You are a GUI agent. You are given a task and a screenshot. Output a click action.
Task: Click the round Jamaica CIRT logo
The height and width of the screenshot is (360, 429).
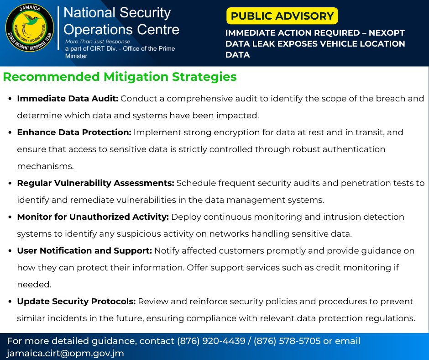pos(30,29)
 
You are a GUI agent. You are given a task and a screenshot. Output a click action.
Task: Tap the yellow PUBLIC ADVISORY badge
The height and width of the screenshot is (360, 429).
pos(282,16)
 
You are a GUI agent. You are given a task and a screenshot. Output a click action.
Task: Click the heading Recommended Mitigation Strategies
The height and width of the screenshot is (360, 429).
pos(120,77)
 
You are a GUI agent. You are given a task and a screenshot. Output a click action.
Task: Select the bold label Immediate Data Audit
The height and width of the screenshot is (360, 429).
pos(68,99)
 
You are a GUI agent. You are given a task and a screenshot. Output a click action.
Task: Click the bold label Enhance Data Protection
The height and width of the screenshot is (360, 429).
pos(74,132)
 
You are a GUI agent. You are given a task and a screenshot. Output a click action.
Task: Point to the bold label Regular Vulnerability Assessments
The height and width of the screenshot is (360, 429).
pos(95,183)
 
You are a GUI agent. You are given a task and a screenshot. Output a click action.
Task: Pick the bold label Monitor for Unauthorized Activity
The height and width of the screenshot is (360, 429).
pos(93,217)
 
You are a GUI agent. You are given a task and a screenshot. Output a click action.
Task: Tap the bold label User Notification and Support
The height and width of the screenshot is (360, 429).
pos(84,251)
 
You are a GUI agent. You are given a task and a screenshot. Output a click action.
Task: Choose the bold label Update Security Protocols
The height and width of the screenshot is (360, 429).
pos(76,302)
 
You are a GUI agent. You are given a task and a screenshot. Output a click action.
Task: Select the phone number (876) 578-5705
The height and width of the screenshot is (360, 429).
pos(287,341)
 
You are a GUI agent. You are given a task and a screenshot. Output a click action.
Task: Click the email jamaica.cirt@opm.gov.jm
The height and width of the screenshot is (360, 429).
pos(65,353)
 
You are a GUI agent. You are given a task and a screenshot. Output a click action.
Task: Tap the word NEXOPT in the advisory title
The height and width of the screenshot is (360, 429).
pos(384,33)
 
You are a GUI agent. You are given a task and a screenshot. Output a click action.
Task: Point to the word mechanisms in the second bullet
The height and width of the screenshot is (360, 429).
pos(45,166)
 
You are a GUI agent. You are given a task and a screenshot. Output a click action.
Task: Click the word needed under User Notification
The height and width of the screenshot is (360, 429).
pos(34,285)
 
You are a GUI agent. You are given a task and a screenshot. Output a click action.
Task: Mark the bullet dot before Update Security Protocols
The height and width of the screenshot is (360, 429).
pos(10,302)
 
